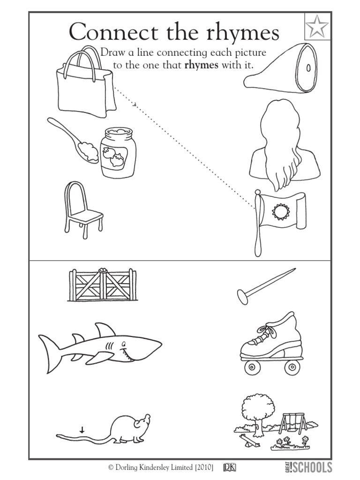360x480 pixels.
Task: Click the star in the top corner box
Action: click(x=317, y=28)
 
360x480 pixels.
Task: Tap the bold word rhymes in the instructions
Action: click(x=202, y=65)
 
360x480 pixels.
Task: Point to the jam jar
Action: click(x=119, y=153)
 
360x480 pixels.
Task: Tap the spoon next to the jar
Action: click(x=70, y=136)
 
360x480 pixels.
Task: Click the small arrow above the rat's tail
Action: click(x=82, y=429)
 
